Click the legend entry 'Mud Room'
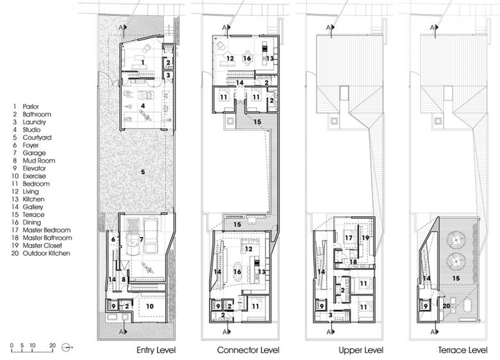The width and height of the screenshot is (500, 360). click(39, 161)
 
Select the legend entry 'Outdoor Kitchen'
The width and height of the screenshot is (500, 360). click(46, 253)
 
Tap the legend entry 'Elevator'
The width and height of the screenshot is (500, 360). click(34, 168)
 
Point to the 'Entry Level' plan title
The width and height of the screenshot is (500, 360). click(156, 350)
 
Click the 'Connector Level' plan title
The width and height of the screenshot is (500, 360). click(248, 350)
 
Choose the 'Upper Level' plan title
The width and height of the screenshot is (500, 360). click(361, 351)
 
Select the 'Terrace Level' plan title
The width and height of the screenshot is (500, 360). click(463, 350)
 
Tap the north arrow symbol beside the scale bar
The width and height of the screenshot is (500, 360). click(67, 347)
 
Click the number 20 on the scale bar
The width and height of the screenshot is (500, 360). click(53, 345)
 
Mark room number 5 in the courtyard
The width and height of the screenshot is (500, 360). click(143, 172)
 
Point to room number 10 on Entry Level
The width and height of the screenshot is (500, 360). click(149, 306)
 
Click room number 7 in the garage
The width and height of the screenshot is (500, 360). click(142, 240)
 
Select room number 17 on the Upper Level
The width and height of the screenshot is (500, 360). click(349, 238)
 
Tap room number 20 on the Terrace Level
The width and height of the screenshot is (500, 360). click(446, 306)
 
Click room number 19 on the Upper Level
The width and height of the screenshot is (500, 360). click(365, 238)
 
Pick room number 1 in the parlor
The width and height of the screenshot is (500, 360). click(142, 62)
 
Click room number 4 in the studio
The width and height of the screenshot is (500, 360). click(143, 106)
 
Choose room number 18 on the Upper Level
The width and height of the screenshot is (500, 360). click(353, 262)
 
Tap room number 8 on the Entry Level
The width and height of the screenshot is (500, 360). click(124, 279)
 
